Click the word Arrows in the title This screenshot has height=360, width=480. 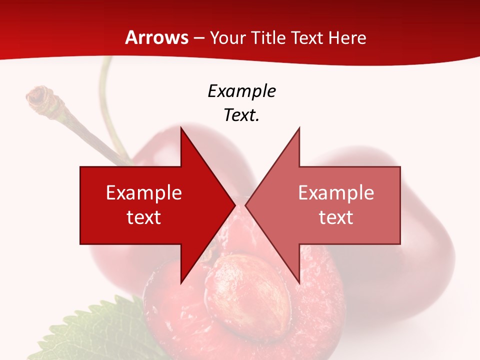tap(156, 37)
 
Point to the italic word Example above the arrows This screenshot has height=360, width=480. tap(241, 91)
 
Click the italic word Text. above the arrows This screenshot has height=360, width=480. tap(241, 115)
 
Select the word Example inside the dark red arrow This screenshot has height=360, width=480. tap(144, 193)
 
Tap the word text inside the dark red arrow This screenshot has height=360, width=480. tap(144, 217)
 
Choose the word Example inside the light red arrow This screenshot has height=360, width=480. tap(336, 193)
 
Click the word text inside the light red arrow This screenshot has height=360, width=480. tap(336, 217)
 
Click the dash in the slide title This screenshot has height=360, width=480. tap(199, 38)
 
